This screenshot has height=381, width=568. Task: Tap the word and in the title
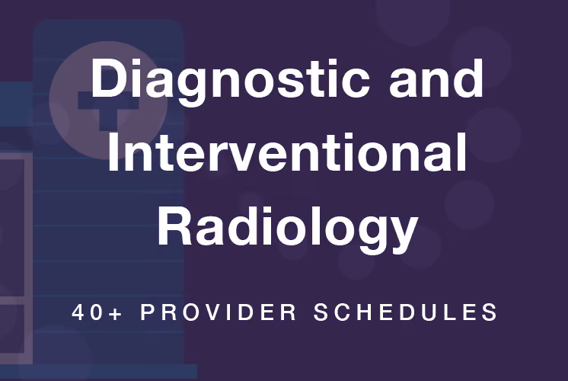click(436, 78)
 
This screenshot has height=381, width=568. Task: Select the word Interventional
click(287, 152)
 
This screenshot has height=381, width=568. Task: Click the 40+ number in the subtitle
click(97, 312)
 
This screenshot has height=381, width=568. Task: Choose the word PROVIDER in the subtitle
click(219, 312)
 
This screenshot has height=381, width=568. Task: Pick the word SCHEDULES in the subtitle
click(405, 312)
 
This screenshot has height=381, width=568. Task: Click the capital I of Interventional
click(112, 152)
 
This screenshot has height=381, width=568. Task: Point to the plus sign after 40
click(115, 313)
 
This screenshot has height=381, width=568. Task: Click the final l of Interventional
click(462, 152)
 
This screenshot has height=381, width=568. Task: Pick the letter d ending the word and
click(467, 78)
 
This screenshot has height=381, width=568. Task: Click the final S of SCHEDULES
click(490, 312)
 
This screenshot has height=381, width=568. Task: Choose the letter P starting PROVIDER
click(148, 312)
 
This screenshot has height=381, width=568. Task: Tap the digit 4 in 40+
click(78, 312)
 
